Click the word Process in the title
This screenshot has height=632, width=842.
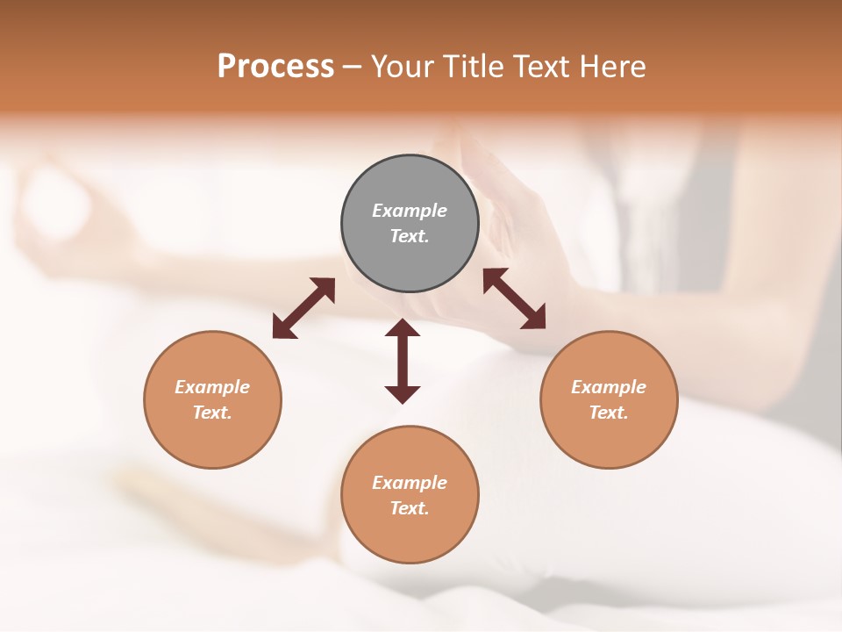pyautogui.click(x=275, y=67)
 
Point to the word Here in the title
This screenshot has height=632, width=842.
pyautogui.click(x=611, y=67)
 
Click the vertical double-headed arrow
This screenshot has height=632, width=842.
pyautogui.click(x=403, y=361)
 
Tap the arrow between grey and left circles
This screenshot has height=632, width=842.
pyautogui.click(x=303, y=308)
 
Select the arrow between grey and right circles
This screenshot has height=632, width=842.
pyautogui.click(x=514, y=298)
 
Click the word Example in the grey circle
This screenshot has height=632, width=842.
pyautogui.click(x=410, y=211)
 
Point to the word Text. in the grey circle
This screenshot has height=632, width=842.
pyautogui.click(x=410, y=236)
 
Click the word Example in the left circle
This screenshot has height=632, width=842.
pyautogui.click(x=212, y=387)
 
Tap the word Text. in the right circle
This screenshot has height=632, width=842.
pyautogui.click(x=609, y=413)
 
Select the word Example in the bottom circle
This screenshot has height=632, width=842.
pyautogui.click(x=410, y=483)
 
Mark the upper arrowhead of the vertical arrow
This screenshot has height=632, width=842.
pyautogui.click(x=403, y=327)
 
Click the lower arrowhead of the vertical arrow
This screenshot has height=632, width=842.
pyautogui.click(x=403, y=394)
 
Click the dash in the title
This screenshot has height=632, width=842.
pyautogui.click(x=352, y=67)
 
